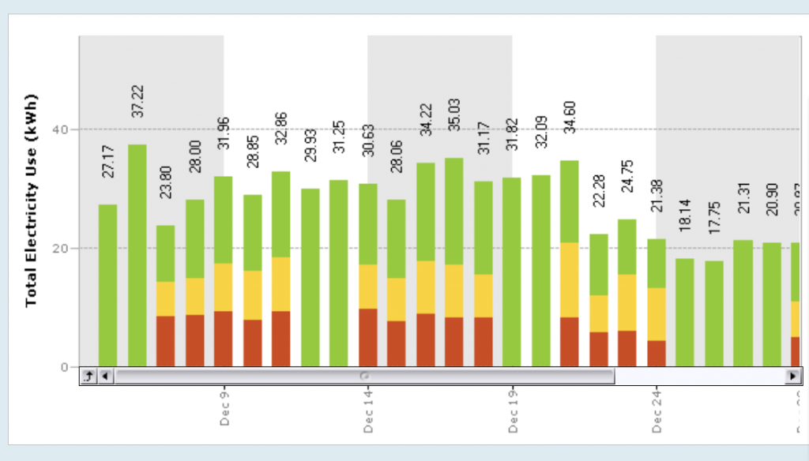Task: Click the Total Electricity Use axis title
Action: pos(32,202)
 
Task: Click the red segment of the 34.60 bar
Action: pos(570,341)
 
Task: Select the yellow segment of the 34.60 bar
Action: pos(570,279)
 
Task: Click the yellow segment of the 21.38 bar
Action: pos(657,313)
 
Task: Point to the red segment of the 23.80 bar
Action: pos(166,340)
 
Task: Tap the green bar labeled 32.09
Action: pos(541,270)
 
